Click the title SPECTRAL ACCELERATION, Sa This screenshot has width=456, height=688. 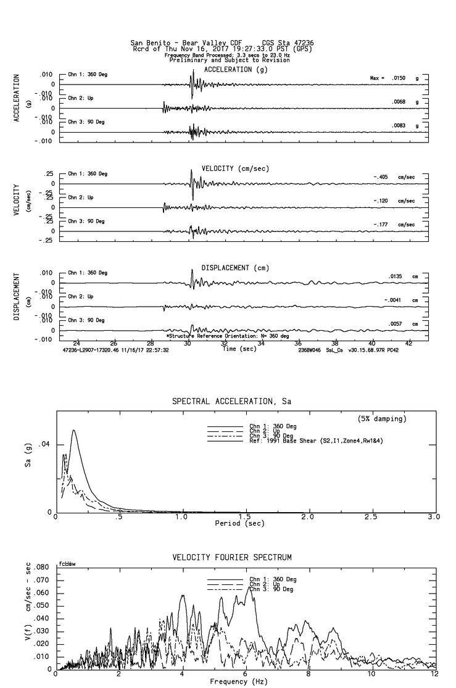[x=231, y=401]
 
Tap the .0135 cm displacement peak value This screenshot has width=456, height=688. [x=395, y=276]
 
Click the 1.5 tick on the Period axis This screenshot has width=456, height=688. [x=245, y=516]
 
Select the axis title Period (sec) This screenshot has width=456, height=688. [x=240, y=523]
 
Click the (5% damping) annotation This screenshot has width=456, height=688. [x=382, y=419]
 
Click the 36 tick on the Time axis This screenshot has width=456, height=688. [x=298, y=344]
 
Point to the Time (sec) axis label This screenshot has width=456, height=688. [x=240, y=349]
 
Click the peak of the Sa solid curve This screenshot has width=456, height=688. [x=74, y=430]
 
